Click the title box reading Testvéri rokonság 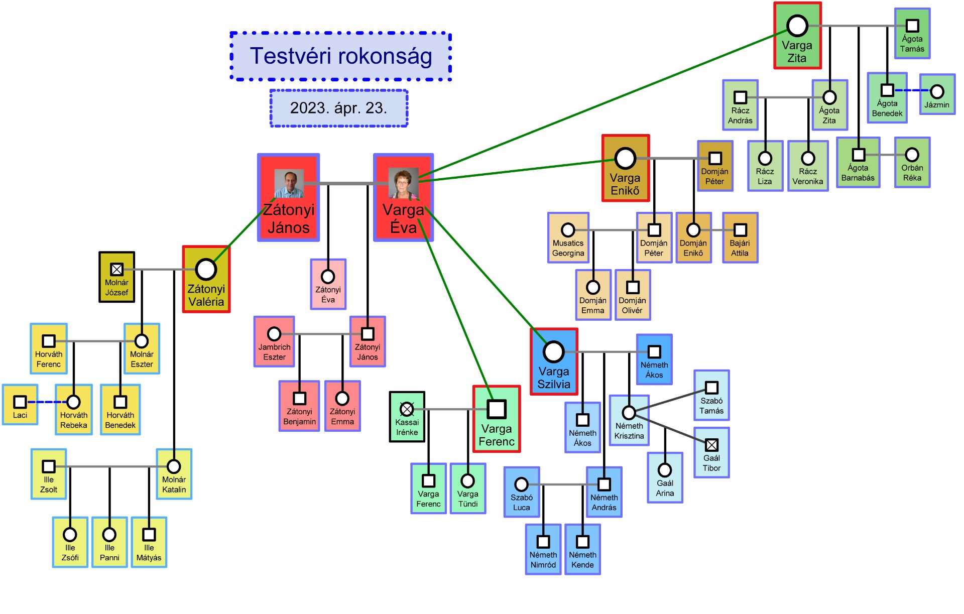[x=340, y=56]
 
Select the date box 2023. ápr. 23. [x=339, y=108]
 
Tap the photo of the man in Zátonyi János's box [x=289, y=184]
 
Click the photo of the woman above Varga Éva [x=403, y=183]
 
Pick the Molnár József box [x=116, y=277]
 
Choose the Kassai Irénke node [x=407, y=417]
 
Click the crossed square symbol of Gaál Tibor [x=711, y=445]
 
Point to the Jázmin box [x=937, y=95]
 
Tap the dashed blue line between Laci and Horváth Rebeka [x=46, y=402]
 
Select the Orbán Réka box [x=912, y=163]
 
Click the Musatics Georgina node [x=568, y=238]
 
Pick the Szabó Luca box [x=522, y=492]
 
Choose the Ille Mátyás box [x=149, y=542]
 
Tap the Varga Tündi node [x=467, y=488]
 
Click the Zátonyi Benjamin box [x=299, y=406]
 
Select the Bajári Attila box [x=740, y=238]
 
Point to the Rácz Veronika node [x=807, y=166]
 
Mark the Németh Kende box [x=582, y=550]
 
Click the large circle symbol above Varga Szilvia [x=553, y=352]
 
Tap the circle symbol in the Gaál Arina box [x=665, y=470]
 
